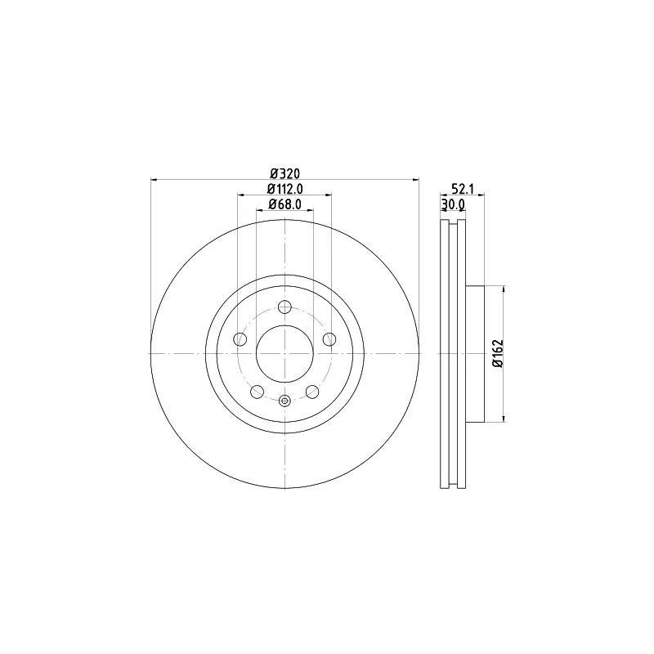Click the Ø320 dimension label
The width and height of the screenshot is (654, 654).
[x=284, y=173]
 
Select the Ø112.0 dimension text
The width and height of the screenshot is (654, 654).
[x=284, y=189]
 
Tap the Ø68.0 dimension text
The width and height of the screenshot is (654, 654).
[x=284, y=204]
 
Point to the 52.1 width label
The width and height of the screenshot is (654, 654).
[x=463, y=189]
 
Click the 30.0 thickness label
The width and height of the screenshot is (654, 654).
[x=453, y=204]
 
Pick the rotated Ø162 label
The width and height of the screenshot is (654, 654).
[x=499, y=354]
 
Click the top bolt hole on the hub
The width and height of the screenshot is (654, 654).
[x=284, y=307]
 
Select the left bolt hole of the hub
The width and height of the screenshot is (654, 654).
[x=240, y=339]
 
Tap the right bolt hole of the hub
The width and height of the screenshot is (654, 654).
[x=329, y=339]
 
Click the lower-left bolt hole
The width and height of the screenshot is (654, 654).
[x=258, y=392]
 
